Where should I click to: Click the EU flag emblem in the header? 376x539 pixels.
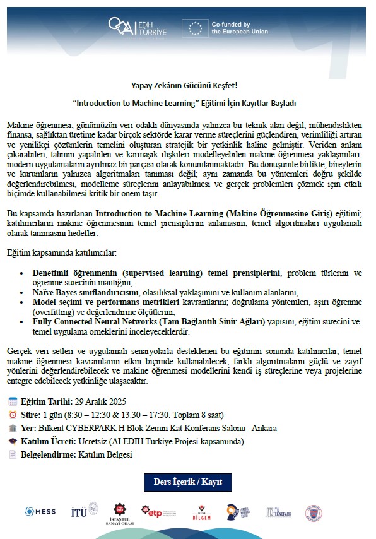[196, 28]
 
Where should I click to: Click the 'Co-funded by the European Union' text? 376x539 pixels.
[240, 28]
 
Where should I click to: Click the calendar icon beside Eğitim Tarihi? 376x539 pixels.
[13, 401]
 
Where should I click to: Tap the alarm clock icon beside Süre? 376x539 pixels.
[13, 415]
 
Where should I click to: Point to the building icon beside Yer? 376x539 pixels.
[13, 428]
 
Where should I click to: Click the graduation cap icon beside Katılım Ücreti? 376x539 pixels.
[13, 441]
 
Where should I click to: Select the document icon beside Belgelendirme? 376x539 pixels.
[13, 454]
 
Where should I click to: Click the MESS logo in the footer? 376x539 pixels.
[40, 511]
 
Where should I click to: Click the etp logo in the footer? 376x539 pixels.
[151, 511]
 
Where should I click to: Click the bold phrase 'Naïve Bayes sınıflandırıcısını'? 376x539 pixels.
[79, 292]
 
